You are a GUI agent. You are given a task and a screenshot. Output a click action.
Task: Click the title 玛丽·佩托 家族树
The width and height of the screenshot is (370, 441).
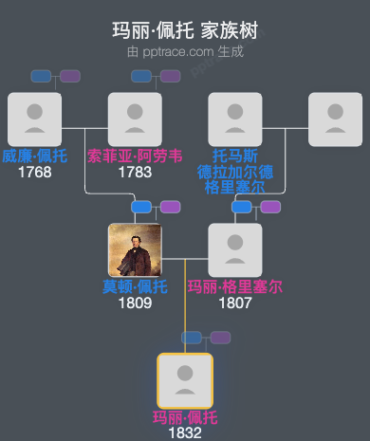click(185, 30)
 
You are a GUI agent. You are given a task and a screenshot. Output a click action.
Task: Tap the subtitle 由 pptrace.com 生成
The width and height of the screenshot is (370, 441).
click(185, 51)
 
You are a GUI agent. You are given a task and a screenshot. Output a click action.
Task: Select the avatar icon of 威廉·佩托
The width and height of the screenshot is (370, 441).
click(34, 119)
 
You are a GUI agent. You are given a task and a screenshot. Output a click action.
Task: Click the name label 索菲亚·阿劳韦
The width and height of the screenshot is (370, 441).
click(134, 156)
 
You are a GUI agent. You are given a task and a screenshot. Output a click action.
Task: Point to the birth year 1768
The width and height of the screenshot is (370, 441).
click(34, 173)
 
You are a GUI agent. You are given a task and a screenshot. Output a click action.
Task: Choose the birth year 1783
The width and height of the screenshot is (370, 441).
click(134, 173)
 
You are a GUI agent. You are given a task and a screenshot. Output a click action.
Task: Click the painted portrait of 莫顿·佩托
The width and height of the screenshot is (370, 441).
click(135, 250)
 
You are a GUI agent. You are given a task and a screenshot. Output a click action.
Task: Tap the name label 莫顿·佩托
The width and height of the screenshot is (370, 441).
click(135, 287)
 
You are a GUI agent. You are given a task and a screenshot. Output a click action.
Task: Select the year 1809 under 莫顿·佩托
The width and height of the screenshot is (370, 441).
click(135, 303)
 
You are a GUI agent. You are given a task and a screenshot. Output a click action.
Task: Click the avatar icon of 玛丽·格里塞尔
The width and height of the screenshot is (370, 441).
click(235, 250)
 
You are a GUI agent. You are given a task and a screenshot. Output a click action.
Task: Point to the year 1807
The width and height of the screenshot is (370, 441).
click(235, 303)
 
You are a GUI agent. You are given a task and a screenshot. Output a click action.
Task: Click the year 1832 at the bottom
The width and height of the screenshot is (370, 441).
click(185, 432)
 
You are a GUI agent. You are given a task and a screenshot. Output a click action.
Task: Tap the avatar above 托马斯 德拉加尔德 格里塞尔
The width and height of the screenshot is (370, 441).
click(235, 119)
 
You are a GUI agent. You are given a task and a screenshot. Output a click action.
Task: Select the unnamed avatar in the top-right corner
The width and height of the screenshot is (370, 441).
click(335, 119)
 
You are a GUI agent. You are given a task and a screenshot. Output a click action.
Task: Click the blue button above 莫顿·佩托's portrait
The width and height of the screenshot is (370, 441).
click(141, 207)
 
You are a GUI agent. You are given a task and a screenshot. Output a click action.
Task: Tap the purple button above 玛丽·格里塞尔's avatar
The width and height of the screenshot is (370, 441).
click(270, 207)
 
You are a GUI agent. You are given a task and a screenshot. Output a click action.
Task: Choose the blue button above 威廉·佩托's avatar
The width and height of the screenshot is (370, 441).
click(41, 76)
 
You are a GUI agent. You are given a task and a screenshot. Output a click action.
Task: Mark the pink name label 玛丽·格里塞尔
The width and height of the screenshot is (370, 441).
click(235, 287)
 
